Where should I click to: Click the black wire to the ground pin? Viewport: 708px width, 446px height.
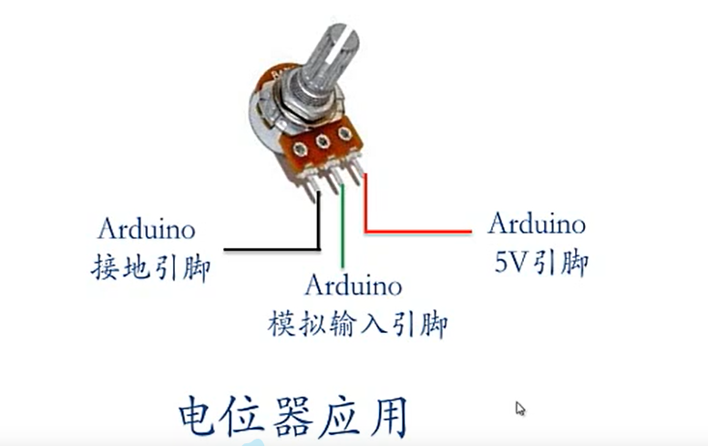(273, 248)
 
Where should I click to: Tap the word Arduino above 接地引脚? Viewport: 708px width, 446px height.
(146, 227)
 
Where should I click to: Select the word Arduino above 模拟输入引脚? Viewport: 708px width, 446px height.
(353, 285)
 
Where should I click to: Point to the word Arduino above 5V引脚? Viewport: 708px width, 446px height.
(536, 223)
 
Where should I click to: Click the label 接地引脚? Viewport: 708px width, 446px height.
(151, 268)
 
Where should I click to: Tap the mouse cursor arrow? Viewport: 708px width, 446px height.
(520, 409)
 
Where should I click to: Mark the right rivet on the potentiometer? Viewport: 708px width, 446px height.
(344, 134)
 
